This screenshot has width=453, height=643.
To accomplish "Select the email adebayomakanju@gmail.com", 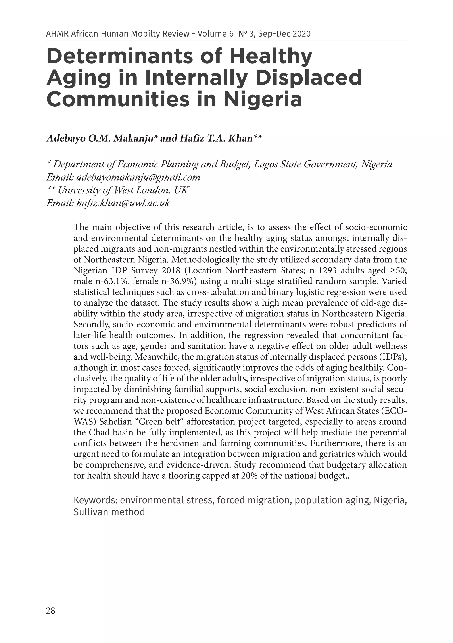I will tap(138, 177).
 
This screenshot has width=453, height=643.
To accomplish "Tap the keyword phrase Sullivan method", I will tap(109, 512).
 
